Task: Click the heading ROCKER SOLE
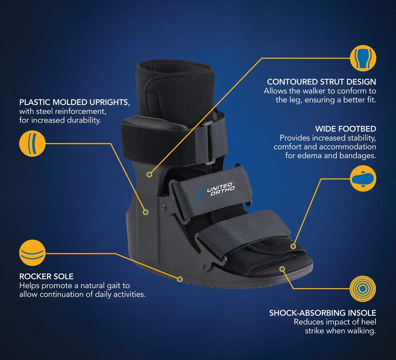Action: [46, 276]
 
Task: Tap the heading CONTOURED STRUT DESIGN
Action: [321, 82]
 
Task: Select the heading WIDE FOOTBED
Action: [346, 129]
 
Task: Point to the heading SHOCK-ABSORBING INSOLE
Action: [323, 313]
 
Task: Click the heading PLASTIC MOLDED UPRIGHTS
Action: [75, 102]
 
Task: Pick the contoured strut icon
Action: [363, 58]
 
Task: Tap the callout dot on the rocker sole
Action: [180, 279]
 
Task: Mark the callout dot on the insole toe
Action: [283, 268]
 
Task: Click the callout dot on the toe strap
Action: [293, 246]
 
